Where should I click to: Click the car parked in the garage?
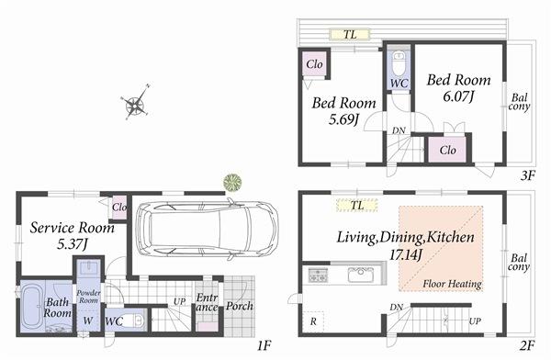(x=205, y=230)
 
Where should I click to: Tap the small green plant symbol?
(x=232, y=181)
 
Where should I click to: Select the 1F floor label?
(x=264, y=345)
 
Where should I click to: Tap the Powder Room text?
(x=87, y=297)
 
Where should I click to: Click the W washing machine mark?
(x=87, y=321)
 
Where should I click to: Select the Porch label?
(x=240, y=306)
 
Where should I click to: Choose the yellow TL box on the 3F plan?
(x=350, y=35)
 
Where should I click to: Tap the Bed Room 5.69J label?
(x=343, y=111)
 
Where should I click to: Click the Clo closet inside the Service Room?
(x=118, y=208)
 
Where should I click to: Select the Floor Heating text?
(x=453, y=284)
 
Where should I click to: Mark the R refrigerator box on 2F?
(x=314, y=321)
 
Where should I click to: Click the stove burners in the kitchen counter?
(x=318, y=274)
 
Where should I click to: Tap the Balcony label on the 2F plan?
(x=519, y=262)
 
